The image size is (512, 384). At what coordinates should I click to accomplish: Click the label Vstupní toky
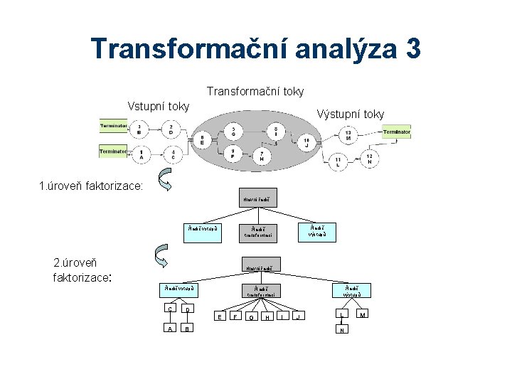pos(158,106)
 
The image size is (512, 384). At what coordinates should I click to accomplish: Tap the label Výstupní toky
pos(351,114)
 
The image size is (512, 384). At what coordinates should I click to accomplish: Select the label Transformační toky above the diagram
pos(255,91)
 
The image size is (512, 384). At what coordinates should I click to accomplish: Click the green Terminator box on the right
pos(397,132)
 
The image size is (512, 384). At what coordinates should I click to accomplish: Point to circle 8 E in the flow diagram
pos(203,140)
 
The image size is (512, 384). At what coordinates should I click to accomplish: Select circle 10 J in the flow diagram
pos(306,143)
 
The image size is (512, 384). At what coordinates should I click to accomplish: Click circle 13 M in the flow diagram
pos(348,134)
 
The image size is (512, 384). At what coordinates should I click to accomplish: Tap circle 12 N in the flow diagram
pos(369,158)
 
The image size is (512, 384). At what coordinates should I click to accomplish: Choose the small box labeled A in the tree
pos(169,329)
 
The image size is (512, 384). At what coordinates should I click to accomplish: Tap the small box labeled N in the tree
pos(342,330)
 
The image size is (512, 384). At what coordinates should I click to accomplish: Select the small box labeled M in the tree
pos(363,314)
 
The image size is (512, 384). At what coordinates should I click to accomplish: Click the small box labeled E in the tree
pos(220,316)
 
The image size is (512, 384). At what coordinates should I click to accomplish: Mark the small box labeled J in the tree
pos(299,316)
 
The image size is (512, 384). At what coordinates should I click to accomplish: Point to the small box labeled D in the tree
pos(187,309)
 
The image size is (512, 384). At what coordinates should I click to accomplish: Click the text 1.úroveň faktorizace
pos(91,187)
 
